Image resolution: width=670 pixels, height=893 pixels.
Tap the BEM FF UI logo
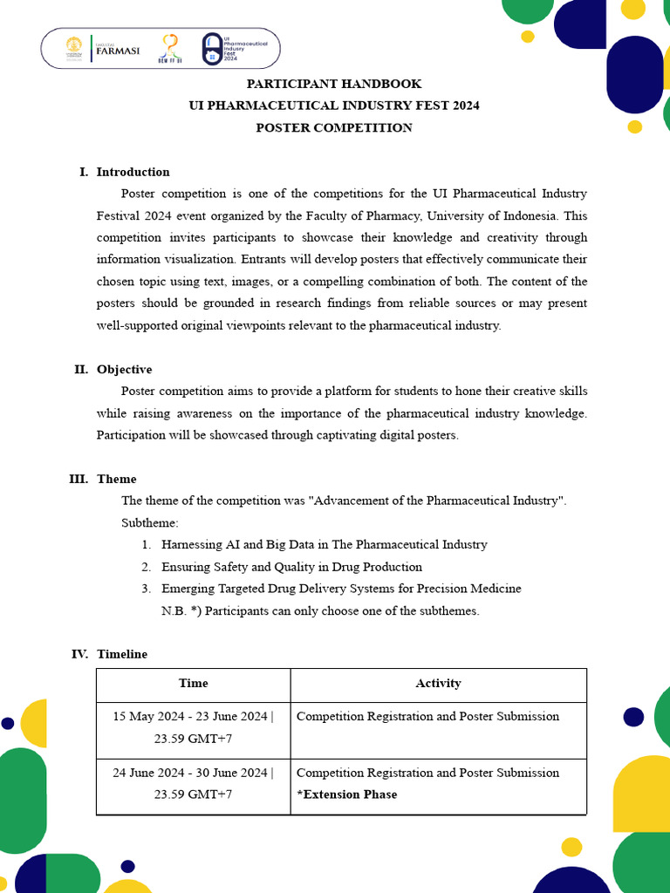pyautogui.click(x=171, y=49)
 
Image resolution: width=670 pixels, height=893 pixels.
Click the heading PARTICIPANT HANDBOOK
pyautogui.click(x=334, y=84)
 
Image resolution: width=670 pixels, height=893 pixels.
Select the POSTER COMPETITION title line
pyautogui.click(x=334, y=127)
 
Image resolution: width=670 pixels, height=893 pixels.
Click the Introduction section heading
pyautogui.click(x=133, y=172)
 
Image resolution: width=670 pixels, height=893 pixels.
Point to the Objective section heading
pyautogui.click(x=124, y=369)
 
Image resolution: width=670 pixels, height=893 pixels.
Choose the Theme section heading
pyautogui.click(x=116, y=479)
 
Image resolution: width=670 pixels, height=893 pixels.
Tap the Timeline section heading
pyautogui.click(x=122, y=654)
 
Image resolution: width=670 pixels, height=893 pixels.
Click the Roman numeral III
pyautogui.click(x=79, y=479)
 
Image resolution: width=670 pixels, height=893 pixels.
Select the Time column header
pyautogui.click(x=193, y=684)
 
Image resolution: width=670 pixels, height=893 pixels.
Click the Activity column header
pyautogui.click(x=438, y=684)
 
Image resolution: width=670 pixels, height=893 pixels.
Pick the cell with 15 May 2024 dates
pyautogui.click(x=193, y=727)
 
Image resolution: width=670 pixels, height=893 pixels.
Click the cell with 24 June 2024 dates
pyautogui.click(x=193, y=783)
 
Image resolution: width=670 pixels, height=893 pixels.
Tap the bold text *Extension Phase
pyautogui.click(x=346, y=794)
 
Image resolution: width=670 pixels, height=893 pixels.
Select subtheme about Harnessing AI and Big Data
pyautogui.click(x=324, y=544)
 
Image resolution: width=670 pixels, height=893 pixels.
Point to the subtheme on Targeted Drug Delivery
pyautogui.click(x=341, y=589)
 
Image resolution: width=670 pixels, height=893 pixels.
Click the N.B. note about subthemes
pyautogui.click(x=320, y=610)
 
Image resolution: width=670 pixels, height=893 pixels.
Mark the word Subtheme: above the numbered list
pyautogui.click(x=149, y=522)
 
